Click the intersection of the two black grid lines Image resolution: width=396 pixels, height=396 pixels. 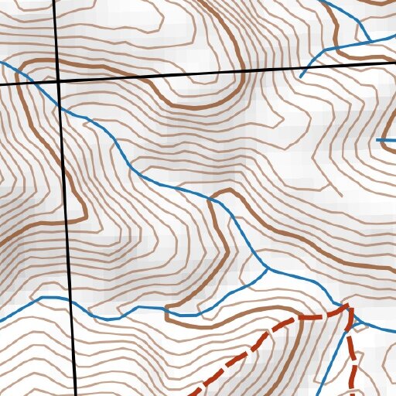tap(60, 80)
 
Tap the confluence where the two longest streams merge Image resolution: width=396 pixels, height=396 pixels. tap(268, 269)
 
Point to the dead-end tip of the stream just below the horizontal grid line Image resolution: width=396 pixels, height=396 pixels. tap(300, 77)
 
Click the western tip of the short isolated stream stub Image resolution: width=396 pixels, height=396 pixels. tap(377, 140)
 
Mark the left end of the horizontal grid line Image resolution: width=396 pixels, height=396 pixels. tap(0, 83)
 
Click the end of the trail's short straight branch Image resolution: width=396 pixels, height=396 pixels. tap(355, 395)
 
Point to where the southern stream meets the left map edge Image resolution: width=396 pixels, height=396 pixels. tap(0, 319)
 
